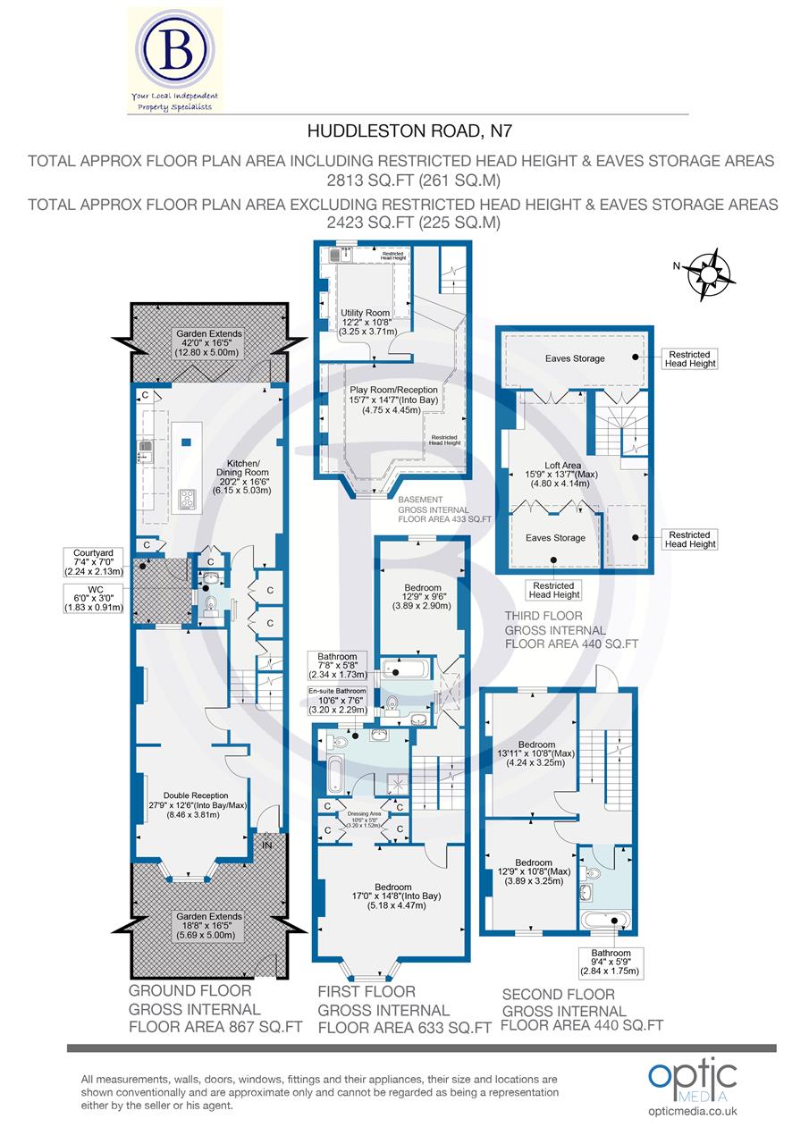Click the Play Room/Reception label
tap(394, 400)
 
